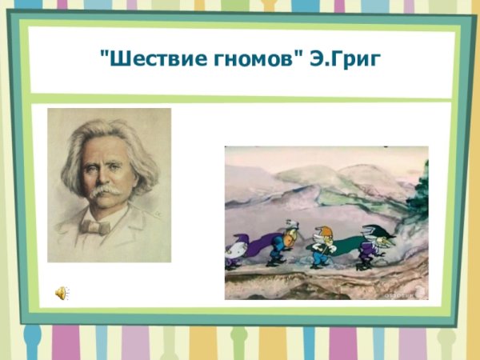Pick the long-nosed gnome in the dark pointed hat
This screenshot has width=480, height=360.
tap(369, 244)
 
